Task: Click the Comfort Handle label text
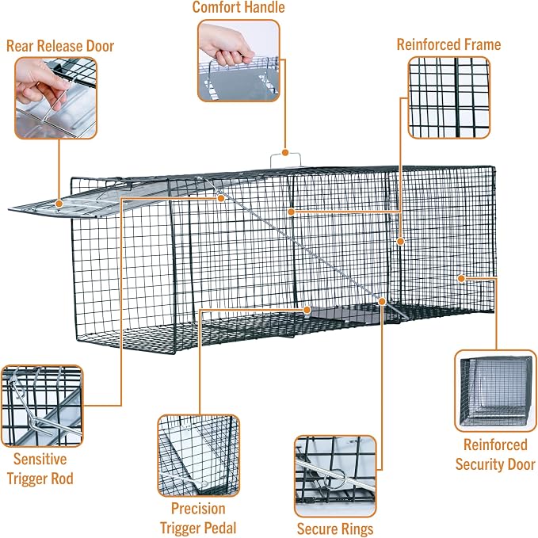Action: click(x=238, y=7)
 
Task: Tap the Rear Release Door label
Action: click(x=60, y=46)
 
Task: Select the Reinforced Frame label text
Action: click(x=448, y=44)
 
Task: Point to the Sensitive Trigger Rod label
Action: click(x=40, y=469)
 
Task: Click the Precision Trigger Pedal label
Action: click(x=198, y=518)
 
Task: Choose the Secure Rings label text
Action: click(x=335, y=528)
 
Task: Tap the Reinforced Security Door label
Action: click(x=495, y=454)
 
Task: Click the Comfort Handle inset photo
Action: click(x=238, y=61)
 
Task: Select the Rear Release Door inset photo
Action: click(x=56, y=98)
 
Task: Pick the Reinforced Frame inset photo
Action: click(x=448, y=97)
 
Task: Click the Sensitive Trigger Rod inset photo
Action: click(x=42, y=406)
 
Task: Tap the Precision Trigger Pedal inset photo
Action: click(x=198, y=456)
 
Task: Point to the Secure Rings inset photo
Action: click(x=335, y=476)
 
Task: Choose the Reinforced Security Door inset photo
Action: click(x=495, y=391)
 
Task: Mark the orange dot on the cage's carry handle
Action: click(x=285, y=153)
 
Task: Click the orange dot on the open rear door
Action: click(x=59, y=204)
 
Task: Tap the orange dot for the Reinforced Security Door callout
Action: click(x=461, y=279)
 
